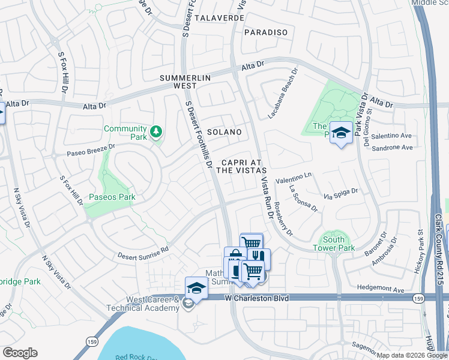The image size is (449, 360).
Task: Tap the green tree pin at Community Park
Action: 156,131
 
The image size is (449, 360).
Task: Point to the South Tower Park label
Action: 334,244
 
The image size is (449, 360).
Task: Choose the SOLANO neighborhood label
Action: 224,132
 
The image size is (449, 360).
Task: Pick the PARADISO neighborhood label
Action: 266,32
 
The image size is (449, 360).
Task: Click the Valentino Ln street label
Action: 294,178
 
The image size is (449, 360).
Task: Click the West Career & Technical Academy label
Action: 143,304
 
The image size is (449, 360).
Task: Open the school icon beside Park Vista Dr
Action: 341,134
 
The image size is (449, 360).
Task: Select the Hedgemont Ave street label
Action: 382,289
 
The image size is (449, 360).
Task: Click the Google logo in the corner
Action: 20,353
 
